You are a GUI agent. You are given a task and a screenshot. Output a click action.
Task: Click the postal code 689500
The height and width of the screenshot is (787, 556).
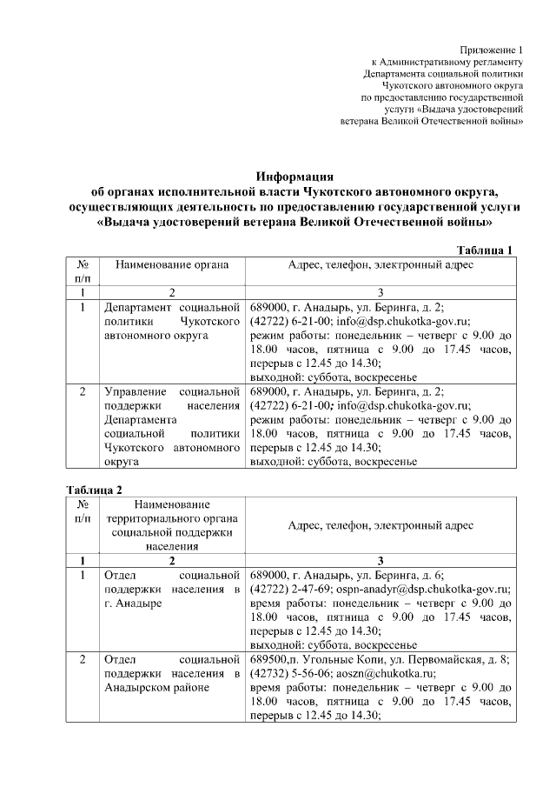tap(268, 659)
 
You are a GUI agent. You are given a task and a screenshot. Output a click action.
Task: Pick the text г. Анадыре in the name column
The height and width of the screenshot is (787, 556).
tap(128, 603)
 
